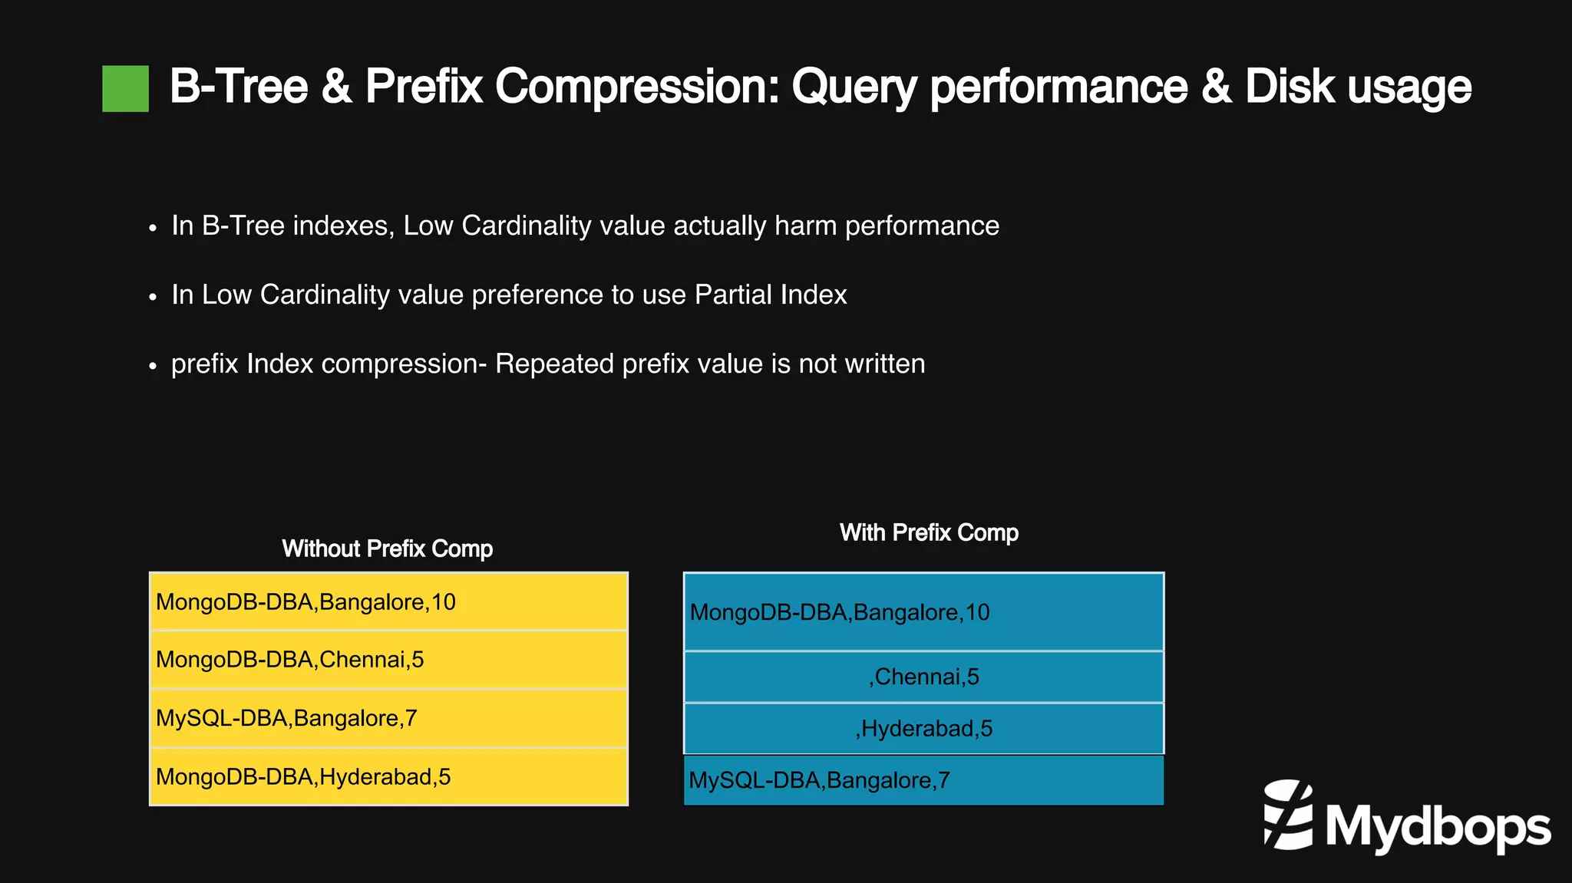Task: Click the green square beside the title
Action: pyautogui.click(x=125, y=89)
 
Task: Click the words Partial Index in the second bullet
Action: pyautogui.click(x=770, y=295)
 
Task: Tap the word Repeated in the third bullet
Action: pyautogui.click(x=554, y=364)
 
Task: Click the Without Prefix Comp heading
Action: pyautogui.click(x=387, y=549)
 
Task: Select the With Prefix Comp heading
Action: pyautogui.click(x=929, y=532)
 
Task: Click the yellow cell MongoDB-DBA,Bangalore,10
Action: pyautogui.click(x=388, y=602)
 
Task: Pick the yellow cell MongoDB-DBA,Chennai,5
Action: pyautogui.click(x=388, y=660)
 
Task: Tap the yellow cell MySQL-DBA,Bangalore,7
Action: pyautogui.click(x=388, y=718)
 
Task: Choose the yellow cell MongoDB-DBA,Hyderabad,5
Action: pyautogui.click(x=388, y=776)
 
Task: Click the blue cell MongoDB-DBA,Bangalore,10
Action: pyautogui.click(x=923, y=612)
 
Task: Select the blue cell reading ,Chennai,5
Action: pyautogui.click(x=923, y=677)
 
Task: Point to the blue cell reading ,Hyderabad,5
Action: pyautogui.click(x=923, y=728)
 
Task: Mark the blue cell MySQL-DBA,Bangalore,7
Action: pyautogui.click(x=923, y=780)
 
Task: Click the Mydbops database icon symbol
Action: pyautogui.click(x=1288, y=815)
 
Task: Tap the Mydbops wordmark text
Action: pyautogui.click(x=1437, y=827)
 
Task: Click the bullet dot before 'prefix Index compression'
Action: pyautogui.click(x=153, y=366)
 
